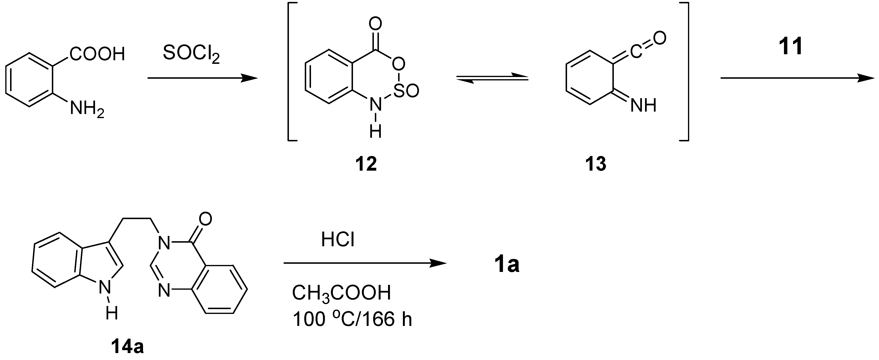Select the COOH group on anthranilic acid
pos(97,54)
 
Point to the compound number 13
pos(596,164)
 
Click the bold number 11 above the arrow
pos(791,47)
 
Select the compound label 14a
pos(127,347)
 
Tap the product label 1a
pos(507,265)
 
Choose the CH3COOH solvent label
pos(341,293)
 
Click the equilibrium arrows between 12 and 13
pos(492,79)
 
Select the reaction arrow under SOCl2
pos(202,78)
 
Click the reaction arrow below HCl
pos(365,263)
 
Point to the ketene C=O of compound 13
pos(647,44)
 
